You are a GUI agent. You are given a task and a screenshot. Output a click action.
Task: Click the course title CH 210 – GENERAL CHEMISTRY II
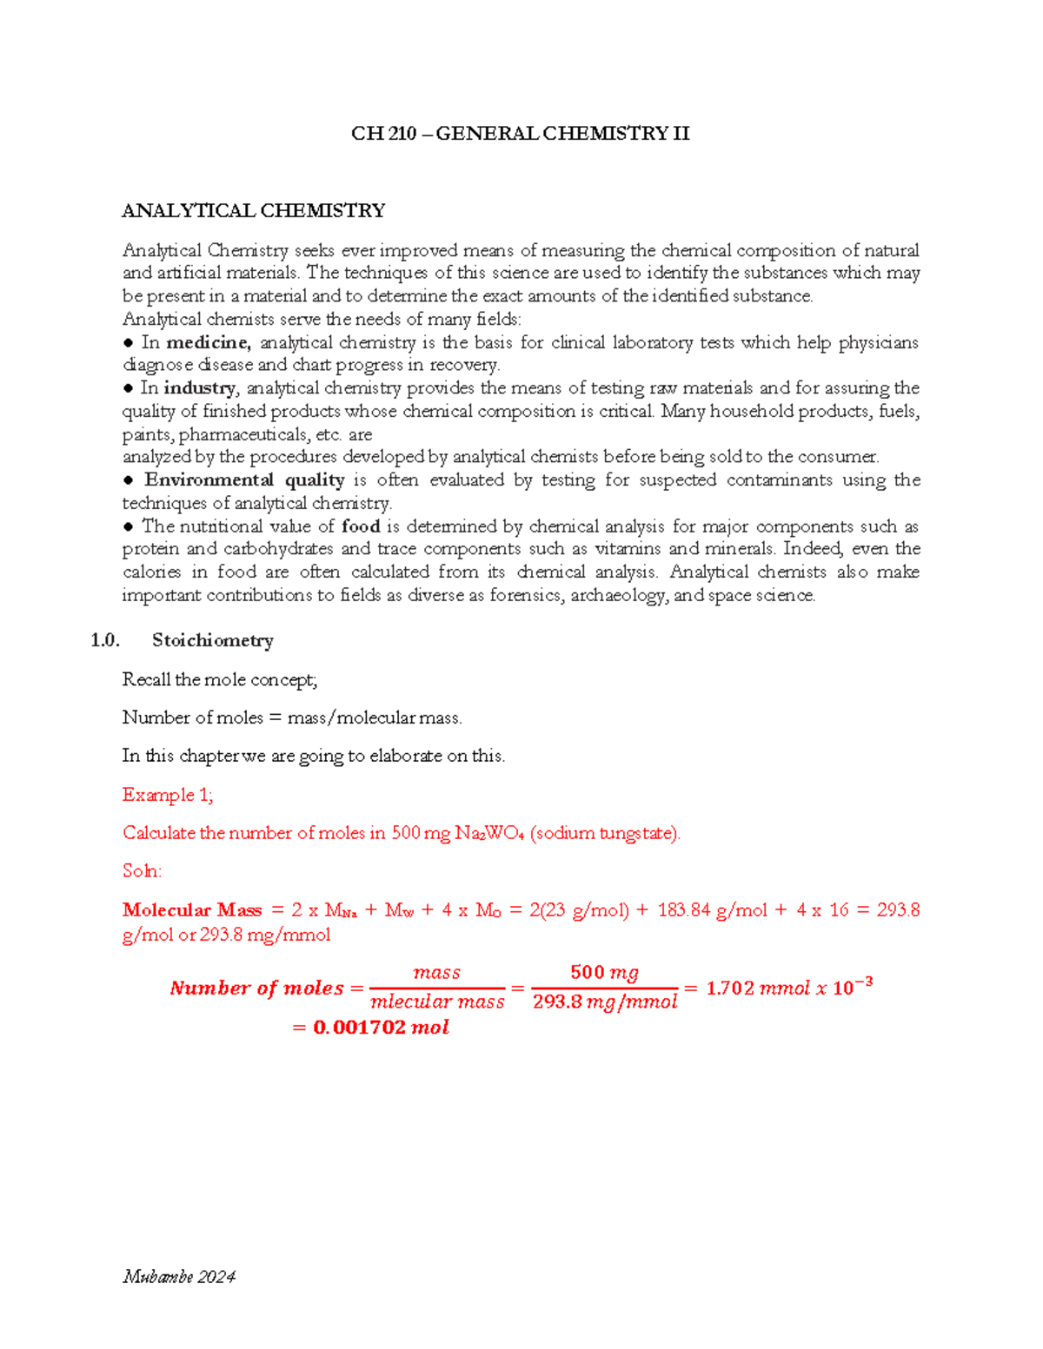pyautogui.click(x=520, y=134)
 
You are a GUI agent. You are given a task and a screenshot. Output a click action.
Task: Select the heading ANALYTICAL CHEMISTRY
pyautogui.click(x=253, y=211)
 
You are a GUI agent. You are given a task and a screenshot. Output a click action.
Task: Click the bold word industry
pyautogui.click(x=200, y=388)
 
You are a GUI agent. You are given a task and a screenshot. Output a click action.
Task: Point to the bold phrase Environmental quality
pyautogui.click(x=244, y=480)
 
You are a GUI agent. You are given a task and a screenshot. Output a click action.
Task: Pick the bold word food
pyautogui.click(x=361, y=526)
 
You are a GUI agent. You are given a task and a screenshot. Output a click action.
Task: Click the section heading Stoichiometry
pyautogui.click(x=213, y=641)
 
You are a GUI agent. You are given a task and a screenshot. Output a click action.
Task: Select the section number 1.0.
pyautogui.click(x=104, y=641)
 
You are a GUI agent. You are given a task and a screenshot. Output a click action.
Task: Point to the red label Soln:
pyautogui.click(x=142, y=871)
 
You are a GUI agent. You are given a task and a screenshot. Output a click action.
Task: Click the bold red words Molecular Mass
pyautogui.click(x=192, y=910)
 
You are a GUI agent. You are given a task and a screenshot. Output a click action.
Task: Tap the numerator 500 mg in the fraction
pyautogui.click(x=604, y=973)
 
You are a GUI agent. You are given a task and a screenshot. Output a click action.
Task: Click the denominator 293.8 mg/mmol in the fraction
pyautogui.click(x=605, y=1002)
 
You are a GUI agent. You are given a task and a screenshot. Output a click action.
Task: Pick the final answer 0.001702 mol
pyautogui.click(x=381, y=1028)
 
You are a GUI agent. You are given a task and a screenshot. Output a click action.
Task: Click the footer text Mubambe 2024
pyautogui.click(x=179, y=1277)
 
